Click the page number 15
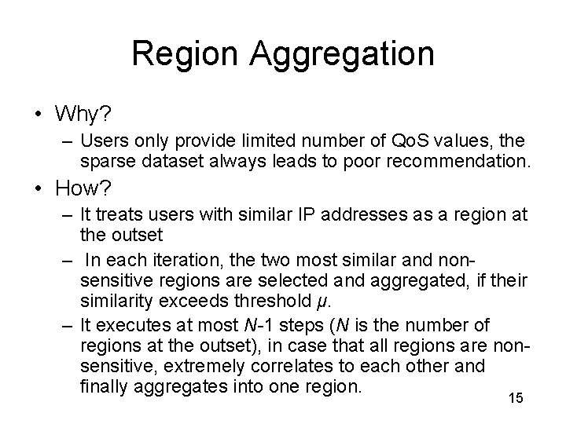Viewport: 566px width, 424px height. coord(516,399)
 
